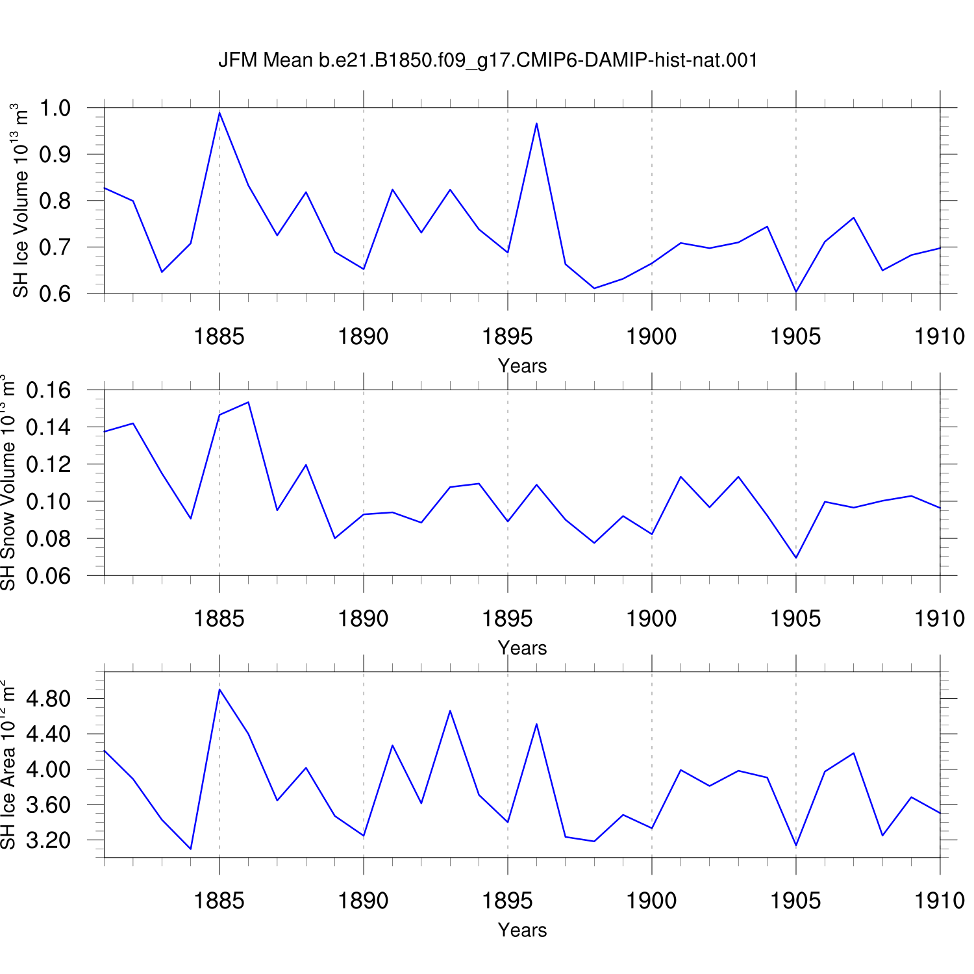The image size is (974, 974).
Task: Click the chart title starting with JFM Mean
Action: coord(488,60)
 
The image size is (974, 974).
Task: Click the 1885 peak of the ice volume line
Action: coord(219,113)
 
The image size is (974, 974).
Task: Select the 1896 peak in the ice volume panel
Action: coord(536,123)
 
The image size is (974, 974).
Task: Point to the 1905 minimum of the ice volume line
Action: coord(796,292)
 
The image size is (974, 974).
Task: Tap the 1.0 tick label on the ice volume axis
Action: coord(55,108)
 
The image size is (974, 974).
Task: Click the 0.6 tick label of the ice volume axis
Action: coord(55,293)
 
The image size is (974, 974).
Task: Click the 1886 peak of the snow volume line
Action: coord(248,402)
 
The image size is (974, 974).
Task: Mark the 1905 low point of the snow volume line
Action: coord(796,558)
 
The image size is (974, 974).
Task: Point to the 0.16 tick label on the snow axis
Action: coord(49,390)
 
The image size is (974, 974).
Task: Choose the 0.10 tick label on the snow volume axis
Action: coord(49,501)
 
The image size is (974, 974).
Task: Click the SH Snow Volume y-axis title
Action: coord(8,482)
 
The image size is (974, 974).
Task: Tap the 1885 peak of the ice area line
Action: coord(219,690)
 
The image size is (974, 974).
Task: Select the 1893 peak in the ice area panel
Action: coord(450,710)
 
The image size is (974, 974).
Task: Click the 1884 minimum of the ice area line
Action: coord(191,849)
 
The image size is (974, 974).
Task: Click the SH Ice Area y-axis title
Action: coord(8,764)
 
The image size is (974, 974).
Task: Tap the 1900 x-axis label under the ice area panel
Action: coord(651,901)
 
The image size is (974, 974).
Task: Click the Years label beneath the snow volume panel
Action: coord(523,648)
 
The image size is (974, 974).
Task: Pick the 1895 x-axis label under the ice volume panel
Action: coord(507,336)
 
